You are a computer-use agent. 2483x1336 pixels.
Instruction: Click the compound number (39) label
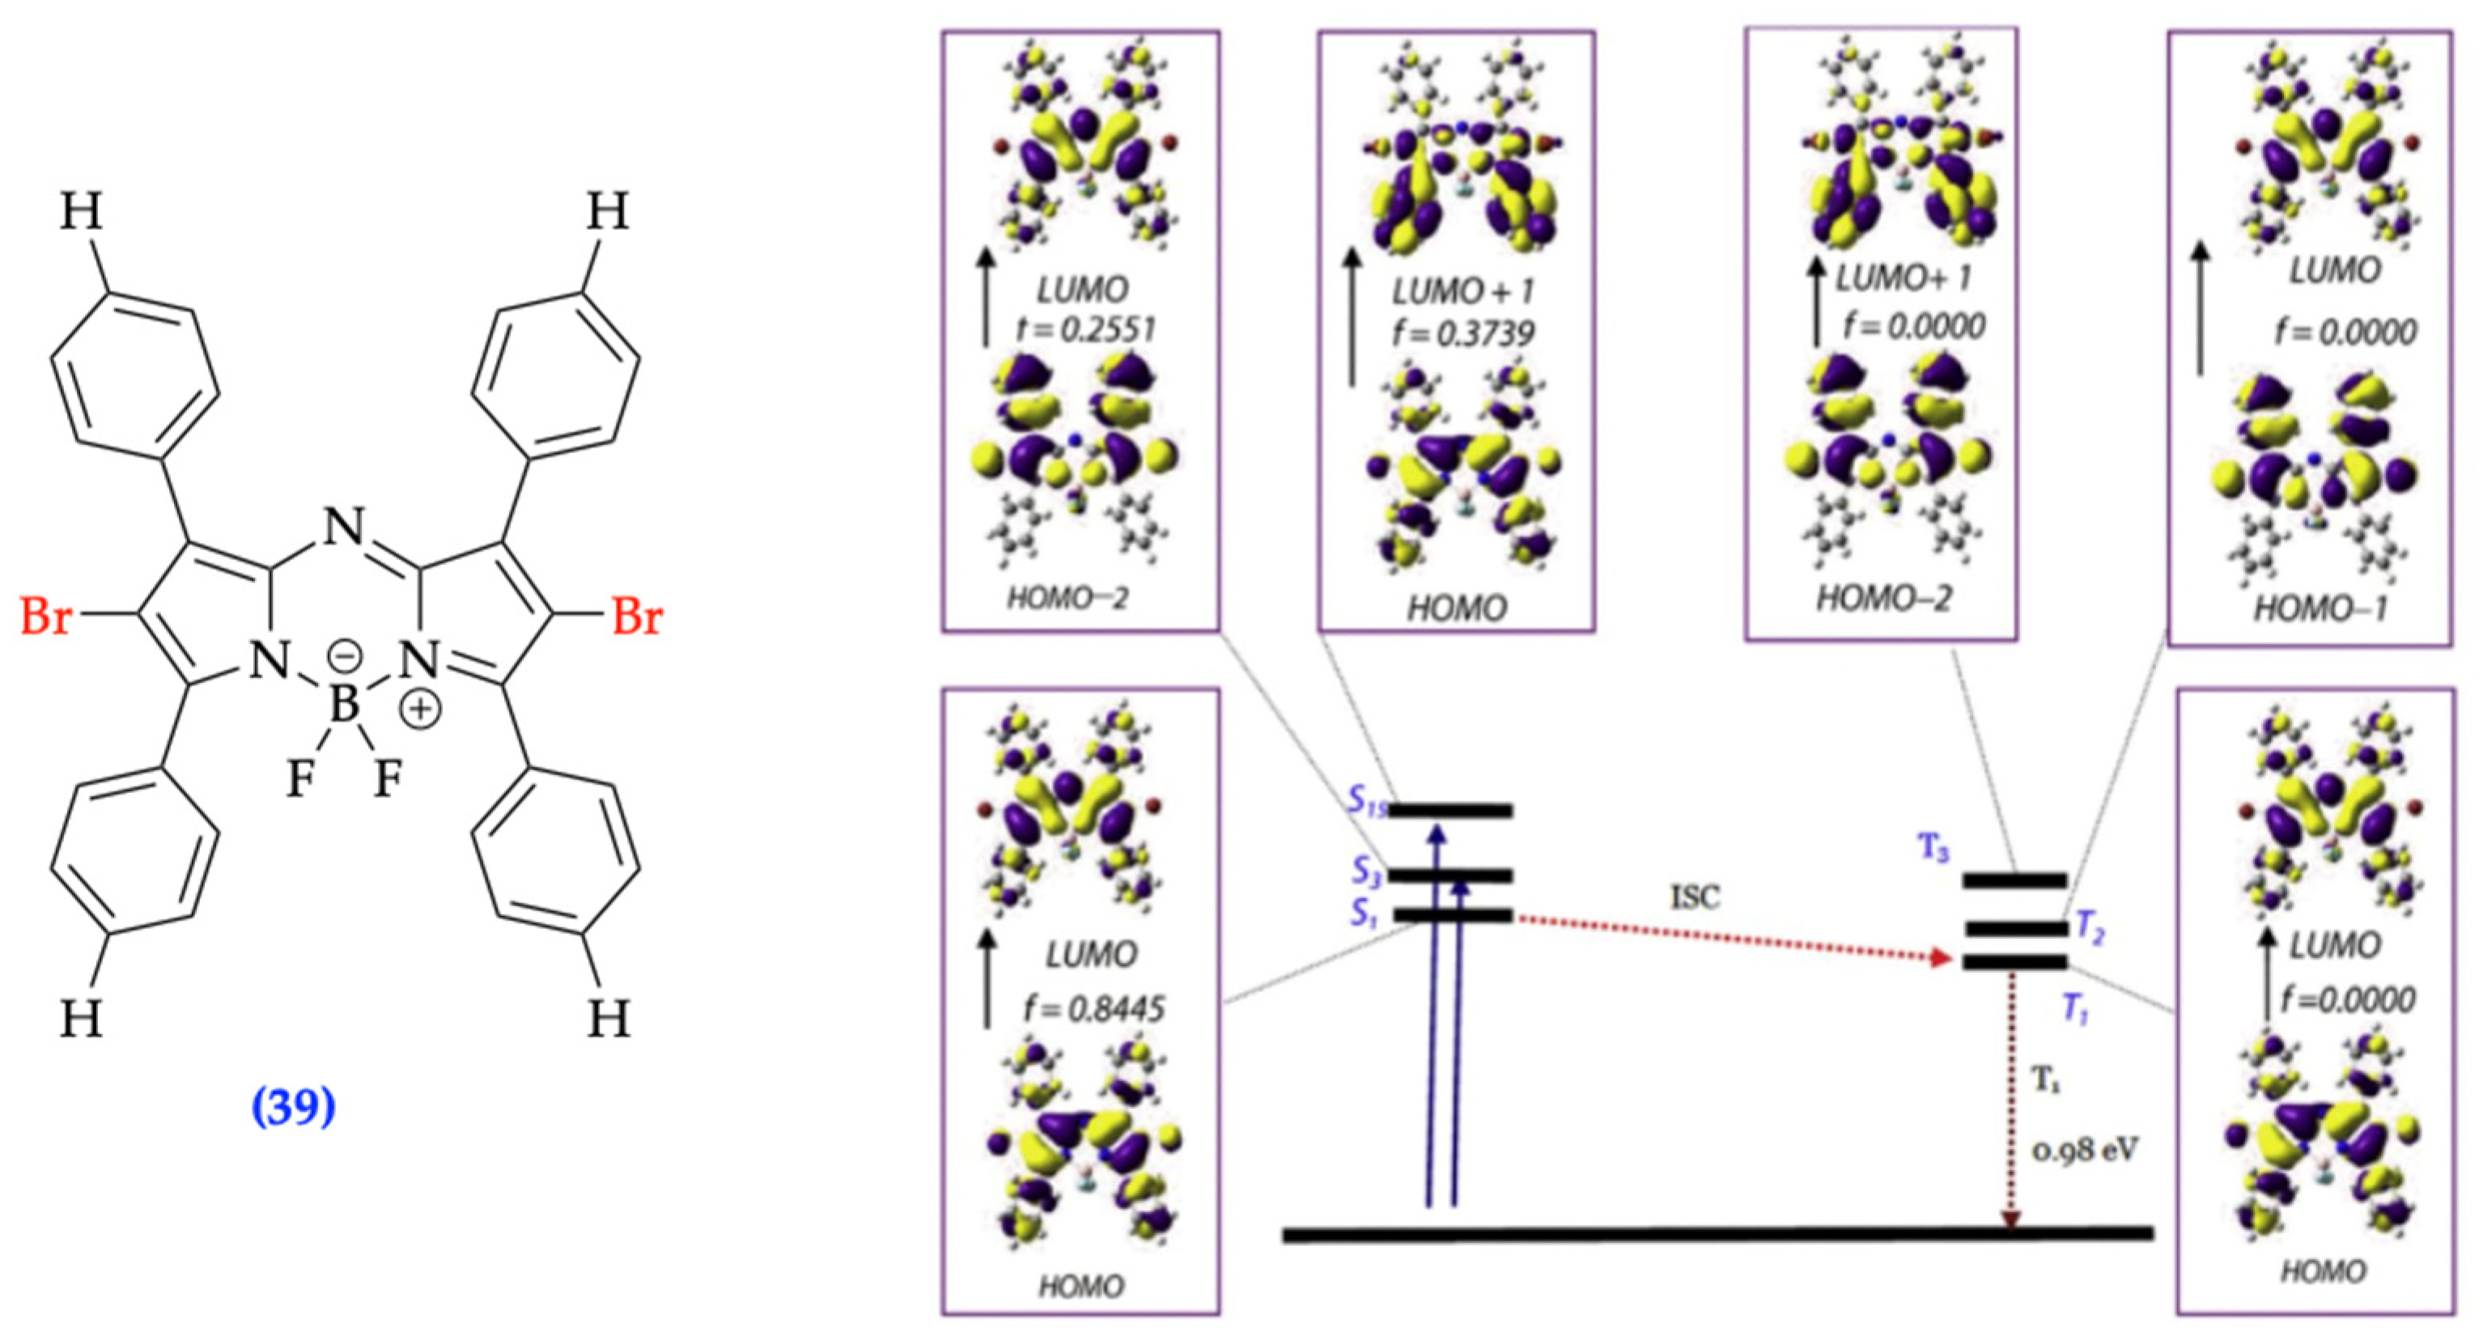coord(293,1106)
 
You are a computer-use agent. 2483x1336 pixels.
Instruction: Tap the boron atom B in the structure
coord(344,705)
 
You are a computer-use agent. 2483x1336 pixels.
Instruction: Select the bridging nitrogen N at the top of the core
coord(344,528)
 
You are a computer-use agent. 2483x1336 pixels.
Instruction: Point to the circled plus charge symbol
coord(420,710)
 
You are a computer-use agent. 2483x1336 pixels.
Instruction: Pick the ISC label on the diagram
coord(1694,897)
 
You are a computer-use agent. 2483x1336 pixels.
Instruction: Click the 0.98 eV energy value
coord(2085,1149)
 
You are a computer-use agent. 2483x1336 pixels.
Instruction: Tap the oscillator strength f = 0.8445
coord(1093,1008)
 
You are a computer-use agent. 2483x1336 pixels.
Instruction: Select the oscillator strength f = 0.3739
coord(1462,333)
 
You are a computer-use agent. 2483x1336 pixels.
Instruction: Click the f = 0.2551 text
coord(1084,329)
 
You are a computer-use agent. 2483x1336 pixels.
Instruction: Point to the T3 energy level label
coord(1933,848)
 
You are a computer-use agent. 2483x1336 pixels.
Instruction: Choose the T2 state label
coord(2089,927)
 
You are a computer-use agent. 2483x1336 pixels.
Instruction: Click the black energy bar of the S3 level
coord(1449,876)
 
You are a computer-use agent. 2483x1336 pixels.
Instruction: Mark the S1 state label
coord(1363,912)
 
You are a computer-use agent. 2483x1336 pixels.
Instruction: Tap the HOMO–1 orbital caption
coord(2320,609)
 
